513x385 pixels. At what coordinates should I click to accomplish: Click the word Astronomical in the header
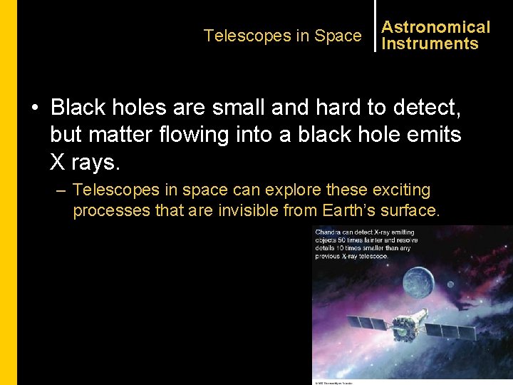[x=435, y=27]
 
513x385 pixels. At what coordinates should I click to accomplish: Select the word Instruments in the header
[x=430, y=43]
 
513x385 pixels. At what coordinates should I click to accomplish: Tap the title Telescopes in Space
[x=282, y=36]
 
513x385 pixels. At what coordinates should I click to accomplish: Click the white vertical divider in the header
[x=375, y=26]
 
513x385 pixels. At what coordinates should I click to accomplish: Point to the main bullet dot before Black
[x=34, y=108]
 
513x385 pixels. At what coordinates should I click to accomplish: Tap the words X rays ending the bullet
[x=85, y=162]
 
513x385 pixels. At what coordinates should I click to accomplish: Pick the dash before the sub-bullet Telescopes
[x=61, y=190]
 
